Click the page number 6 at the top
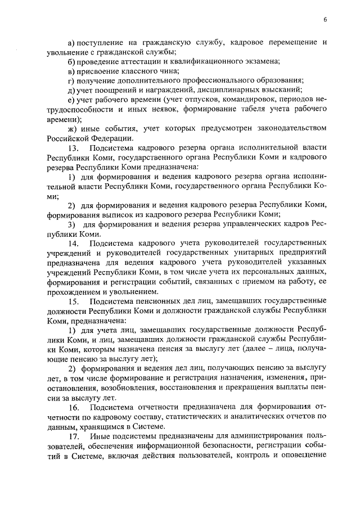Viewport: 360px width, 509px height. [x=325, y=20]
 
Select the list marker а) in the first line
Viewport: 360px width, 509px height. [x=71, y=43]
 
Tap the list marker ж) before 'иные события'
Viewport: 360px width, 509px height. [x=72, y=129]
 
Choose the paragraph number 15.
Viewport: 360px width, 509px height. [x=74, y=301]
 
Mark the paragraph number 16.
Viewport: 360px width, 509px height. [x=74, y=407]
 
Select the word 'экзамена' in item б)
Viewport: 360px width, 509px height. [x=259, y=61]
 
